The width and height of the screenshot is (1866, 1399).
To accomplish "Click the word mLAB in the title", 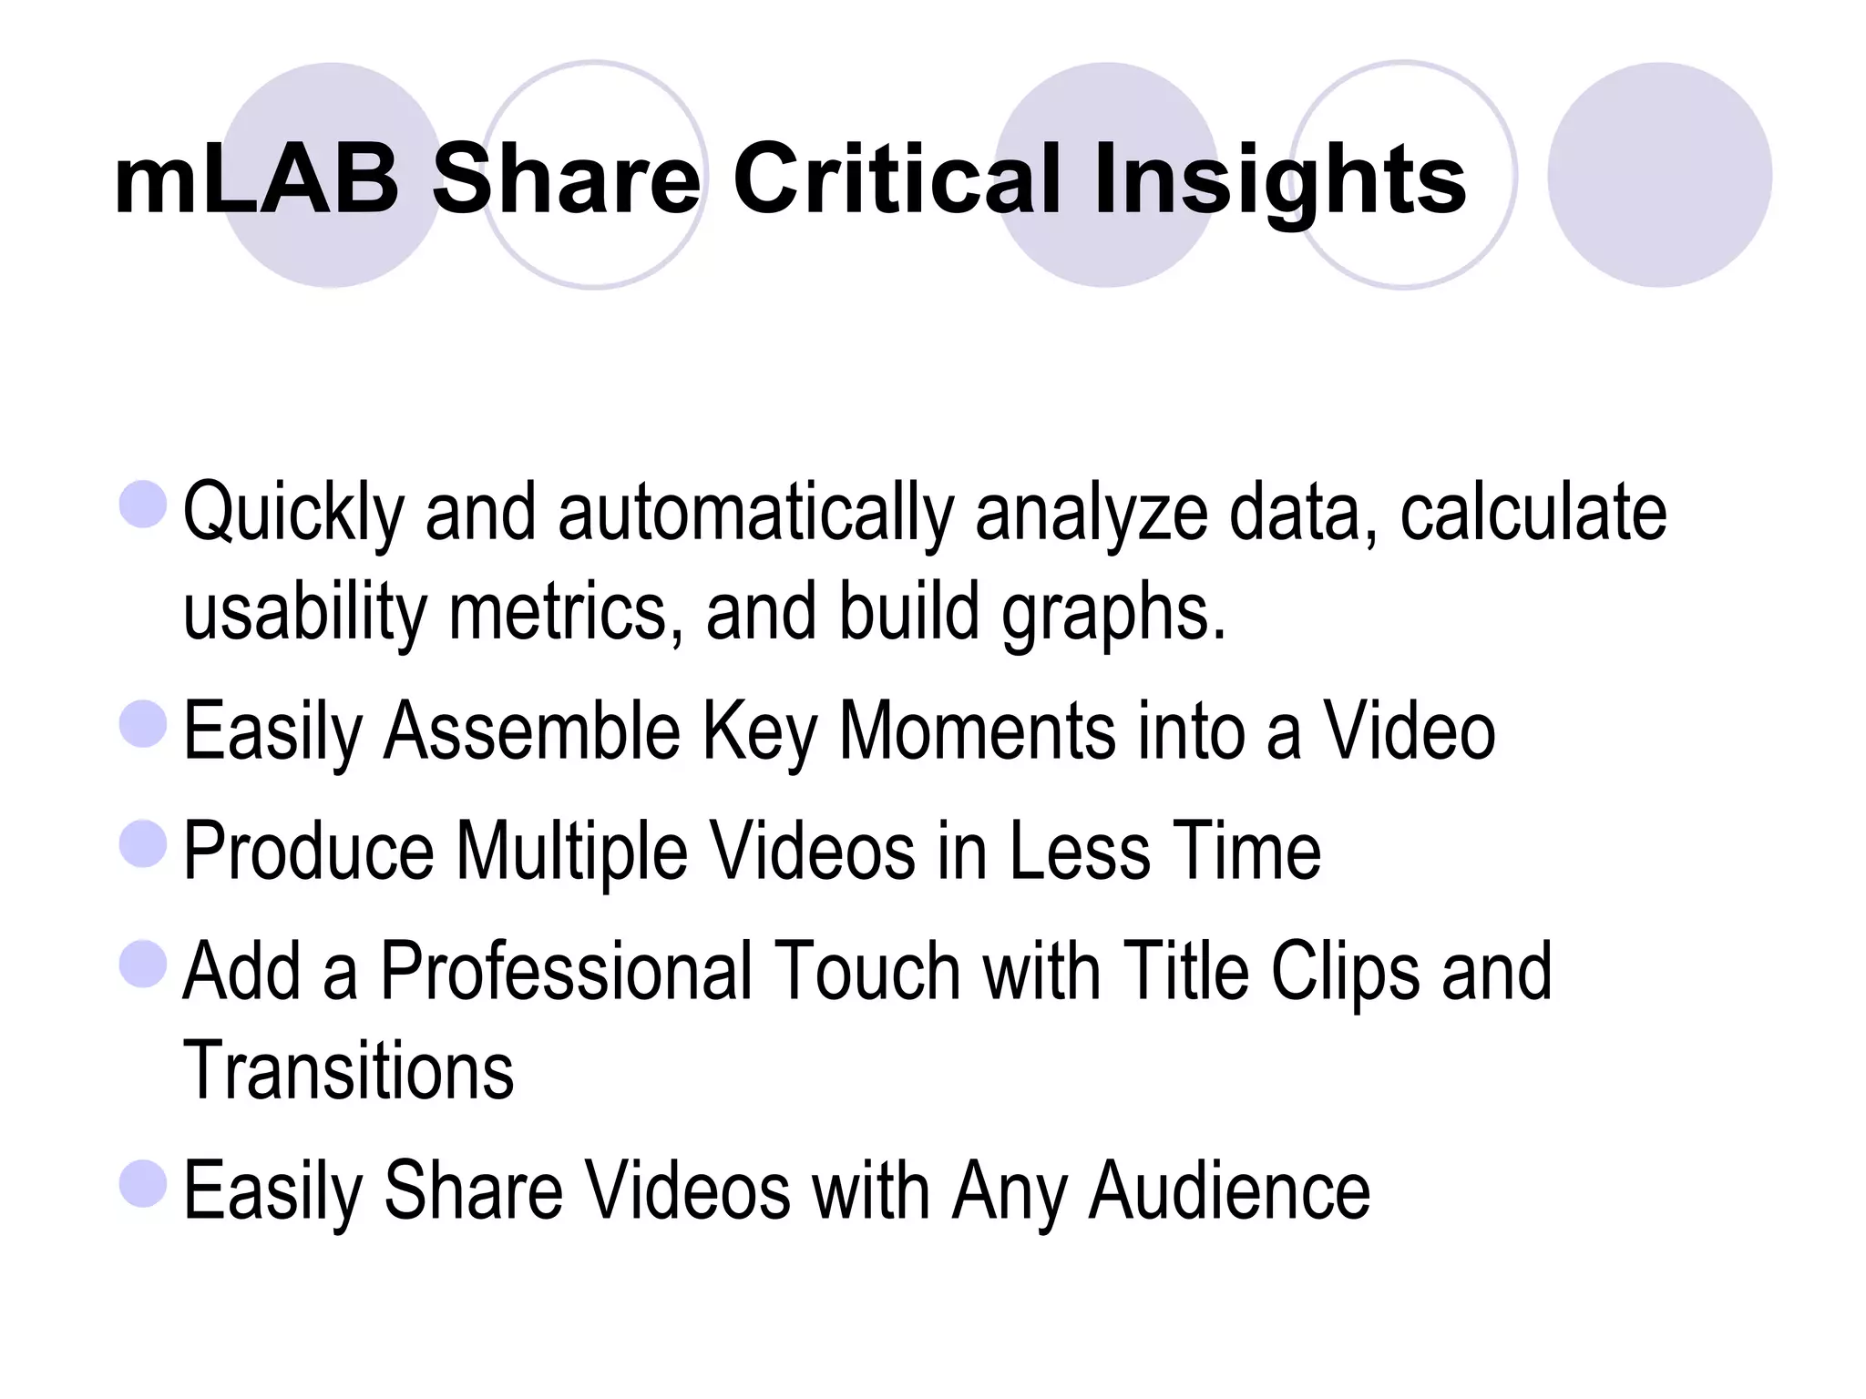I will coord(256,179).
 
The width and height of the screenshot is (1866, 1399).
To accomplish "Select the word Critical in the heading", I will coord(897,179).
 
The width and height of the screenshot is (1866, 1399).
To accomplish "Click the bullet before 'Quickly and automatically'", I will coord(144,504).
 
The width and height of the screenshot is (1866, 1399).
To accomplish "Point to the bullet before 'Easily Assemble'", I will coord(144,723).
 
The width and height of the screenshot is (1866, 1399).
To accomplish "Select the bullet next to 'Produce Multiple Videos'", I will coord(144,843).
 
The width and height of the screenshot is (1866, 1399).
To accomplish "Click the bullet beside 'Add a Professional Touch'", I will coord(144,964).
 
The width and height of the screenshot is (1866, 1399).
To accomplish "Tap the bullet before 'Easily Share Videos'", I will coord(144,1183).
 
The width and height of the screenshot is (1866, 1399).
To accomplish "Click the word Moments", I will coord(977,732).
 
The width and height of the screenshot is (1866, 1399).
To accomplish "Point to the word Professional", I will coord(564,973).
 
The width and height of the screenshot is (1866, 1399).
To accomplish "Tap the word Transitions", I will coord(348,1071).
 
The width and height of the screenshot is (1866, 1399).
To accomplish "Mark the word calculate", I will coord(1533,514).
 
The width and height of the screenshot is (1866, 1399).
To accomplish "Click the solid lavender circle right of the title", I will coord(1659,175).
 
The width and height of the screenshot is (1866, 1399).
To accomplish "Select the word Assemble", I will coord(532,732).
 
